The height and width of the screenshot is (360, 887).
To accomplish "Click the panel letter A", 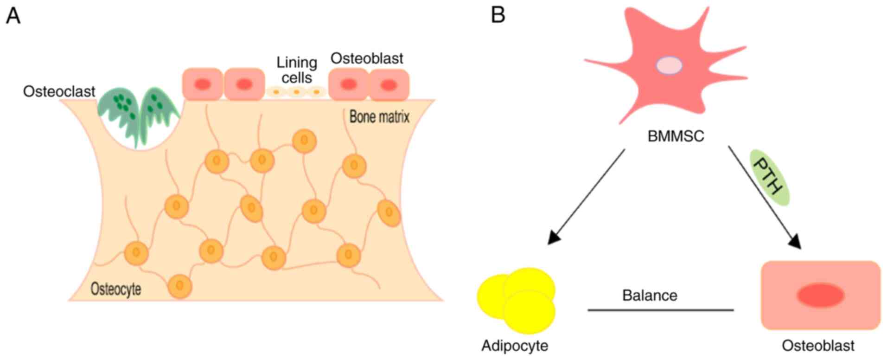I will pyautogui.click(x=13, y=16).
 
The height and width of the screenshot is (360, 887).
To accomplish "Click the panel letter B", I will pyautogui.click(x=498, y=15).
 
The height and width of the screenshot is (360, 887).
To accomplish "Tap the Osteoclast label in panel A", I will pyautogui.click(x=59, y=91).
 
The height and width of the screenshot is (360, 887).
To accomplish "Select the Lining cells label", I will pyautogui.click(x=297, y=70).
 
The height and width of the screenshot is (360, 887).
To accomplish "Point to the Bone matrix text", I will pyautogui.click(x=379, y=116).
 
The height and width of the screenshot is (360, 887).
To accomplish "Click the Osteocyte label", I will pyautogui.click(x=115, y=289).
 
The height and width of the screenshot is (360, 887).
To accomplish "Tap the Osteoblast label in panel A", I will pyautogui.click(x=366, y=58).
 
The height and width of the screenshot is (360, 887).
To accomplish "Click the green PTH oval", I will pyautogui.click(x=769, y=177).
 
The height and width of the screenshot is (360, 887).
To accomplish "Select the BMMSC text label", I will pyautogui.click(x=676, y=136).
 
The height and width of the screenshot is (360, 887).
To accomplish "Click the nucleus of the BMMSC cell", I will pyautogui.click(x=669, y=65).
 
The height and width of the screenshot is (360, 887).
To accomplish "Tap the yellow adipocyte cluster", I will pyautogui.click(x=517, y=300).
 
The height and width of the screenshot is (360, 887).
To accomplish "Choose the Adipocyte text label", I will pyautogui.click(x=515, y=346).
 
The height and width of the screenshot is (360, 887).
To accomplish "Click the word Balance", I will pyautogui.click(x=650, y=295).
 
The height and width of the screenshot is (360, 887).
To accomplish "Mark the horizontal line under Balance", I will pyautogui.click(x=660, y=309).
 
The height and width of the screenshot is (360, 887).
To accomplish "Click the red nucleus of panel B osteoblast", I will pyautogui.click(x=820, y=296).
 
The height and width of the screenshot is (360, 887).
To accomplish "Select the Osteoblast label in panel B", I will pyautogui.click(x=818, y=346).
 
